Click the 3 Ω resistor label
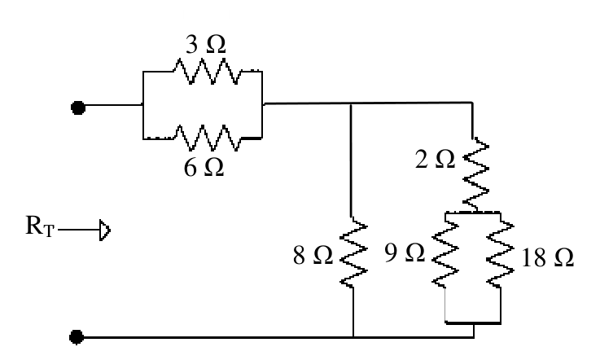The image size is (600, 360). click(205, 45)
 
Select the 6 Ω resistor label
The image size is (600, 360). click(204, 167)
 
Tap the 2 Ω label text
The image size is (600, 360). click(435, 159)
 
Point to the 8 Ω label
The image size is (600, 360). click(313, 256)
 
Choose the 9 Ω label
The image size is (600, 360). click(405, 252)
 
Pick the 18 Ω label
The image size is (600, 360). click(548, 257)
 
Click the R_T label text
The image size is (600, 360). click(40, 226)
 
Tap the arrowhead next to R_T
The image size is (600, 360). click(105, 230)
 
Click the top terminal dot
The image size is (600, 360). click(78, 108)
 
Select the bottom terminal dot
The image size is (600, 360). click(77, 337)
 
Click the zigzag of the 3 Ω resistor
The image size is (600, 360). click(208, 71)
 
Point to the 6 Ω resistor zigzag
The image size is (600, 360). click(208, 138)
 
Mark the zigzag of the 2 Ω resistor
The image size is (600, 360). click(475, 174)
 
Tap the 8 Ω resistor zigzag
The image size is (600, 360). click(353, 252)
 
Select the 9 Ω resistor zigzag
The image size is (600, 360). click(445, 255)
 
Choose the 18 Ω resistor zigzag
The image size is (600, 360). click(500, 255)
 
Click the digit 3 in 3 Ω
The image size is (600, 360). click(192, 45)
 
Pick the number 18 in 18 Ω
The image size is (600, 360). click(534, 257)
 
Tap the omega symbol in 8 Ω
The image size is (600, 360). click(323, 256)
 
